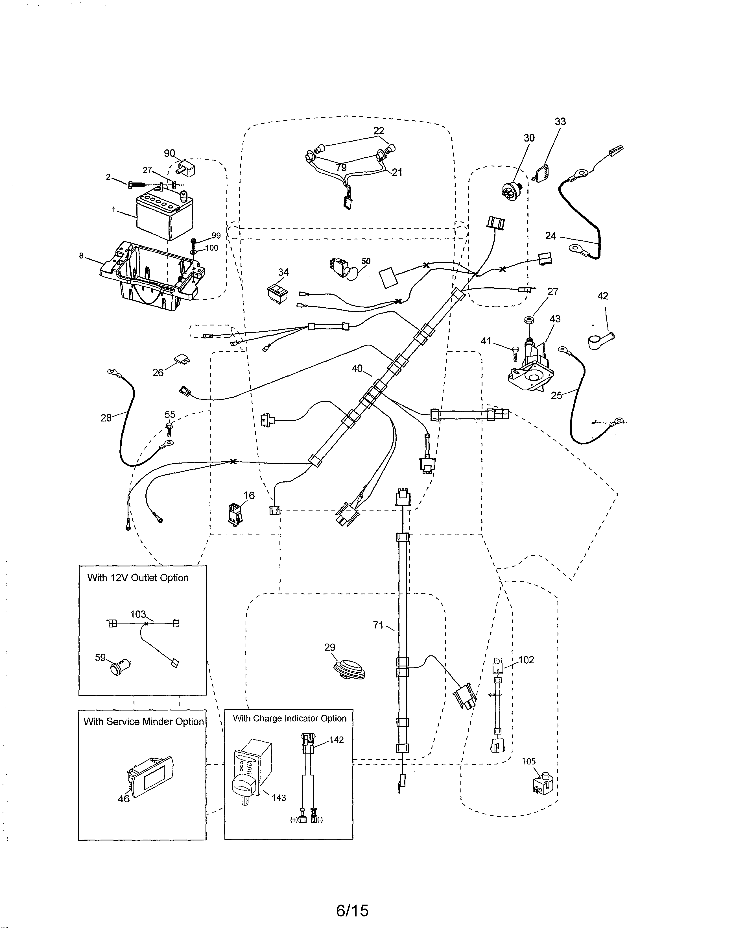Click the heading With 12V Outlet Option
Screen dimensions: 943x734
(138, 578)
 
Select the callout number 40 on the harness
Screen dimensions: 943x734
(357, 369)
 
